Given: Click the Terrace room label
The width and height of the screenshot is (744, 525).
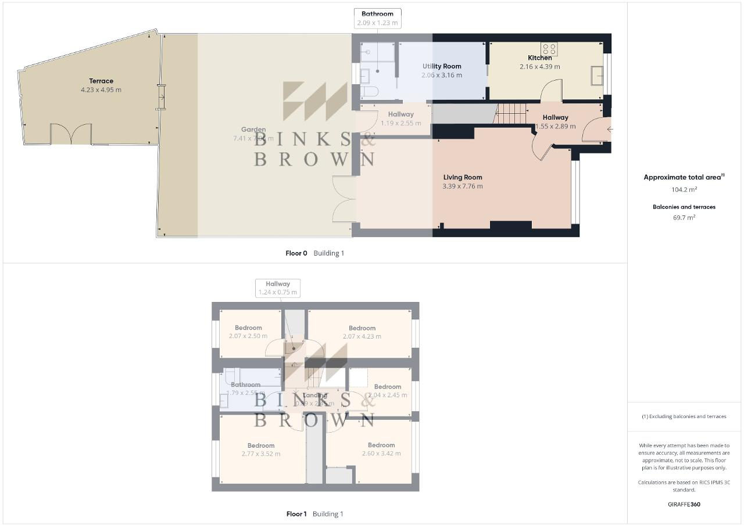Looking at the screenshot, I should (x=101, y=81).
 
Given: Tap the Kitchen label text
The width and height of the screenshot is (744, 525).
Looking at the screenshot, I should (x=539, y=57).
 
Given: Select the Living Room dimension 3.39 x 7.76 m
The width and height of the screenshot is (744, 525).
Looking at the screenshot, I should (x=463, y=186).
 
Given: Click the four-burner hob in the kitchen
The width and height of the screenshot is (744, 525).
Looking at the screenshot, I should (x=549, y=49).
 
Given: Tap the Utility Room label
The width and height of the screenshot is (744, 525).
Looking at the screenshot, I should (x=442, y=66).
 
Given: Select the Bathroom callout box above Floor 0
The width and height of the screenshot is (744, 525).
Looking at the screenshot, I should (x=377, y=18).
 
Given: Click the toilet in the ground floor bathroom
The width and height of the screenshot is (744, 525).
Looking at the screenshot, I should (x=369, y=92).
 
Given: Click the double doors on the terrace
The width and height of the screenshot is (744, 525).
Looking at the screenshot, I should (x=70, y=134).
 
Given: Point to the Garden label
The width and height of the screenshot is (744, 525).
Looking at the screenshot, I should (x=253, y=130).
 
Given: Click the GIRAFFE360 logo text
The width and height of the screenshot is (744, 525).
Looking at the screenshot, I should (x=684, y=504).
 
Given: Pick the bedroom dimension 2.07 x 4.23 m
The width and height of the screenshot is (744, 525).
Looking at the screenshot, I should (x=362, y=336).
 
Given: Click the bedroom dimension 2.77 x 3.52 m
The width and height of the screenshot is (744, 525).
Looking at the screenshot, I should (x=261, y=454).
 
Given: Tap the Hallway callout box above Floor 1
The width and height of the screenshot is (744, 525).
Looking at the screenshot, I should (x=278, y=288).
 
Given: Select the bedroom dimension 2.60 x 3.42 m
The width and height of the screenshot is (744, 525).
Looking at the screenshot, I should (x=381, y=454).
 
